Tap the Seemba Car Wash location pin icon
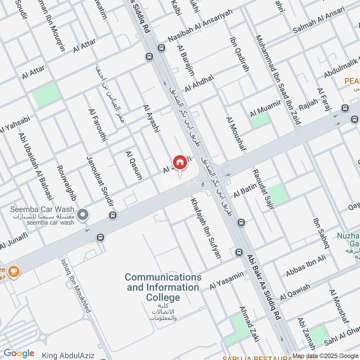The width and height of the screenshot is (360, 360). (82, 216)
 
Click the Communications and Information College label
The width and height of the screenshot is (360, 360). (163, 287)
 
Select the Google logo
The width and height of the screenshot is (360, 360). (19, 353)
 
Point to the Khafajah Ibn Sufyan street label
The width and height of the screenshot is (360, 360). (206, 229)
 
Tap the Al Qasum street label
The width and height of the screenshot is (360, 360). (134, 166)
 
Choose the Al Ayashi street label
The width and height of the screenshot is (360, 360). (151, 119)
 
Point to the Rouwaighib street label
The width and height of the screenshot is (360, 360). (67, 183)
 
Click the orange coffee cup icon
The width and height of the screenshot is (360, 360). (14, 271)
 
